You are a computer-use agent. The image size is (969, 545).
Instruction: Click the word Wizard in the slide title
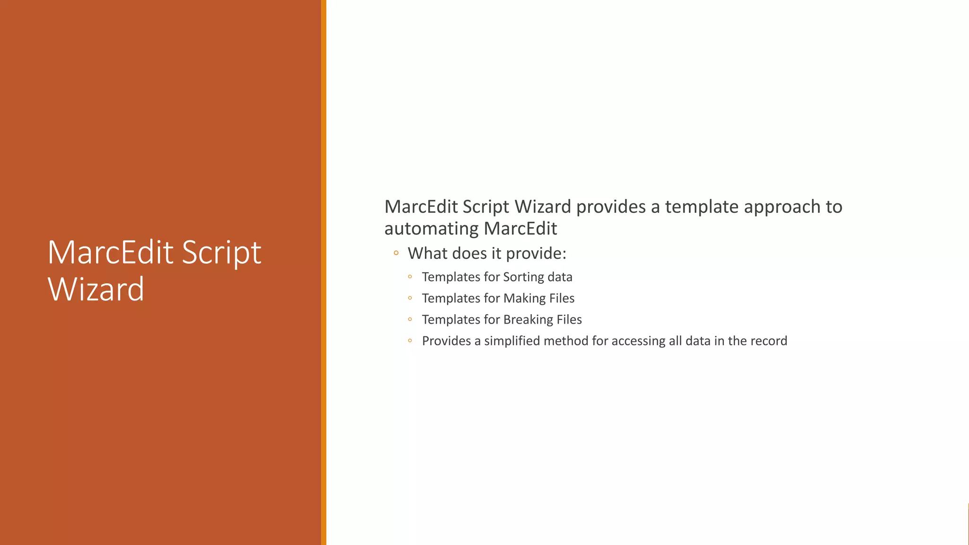(x=96, y=289)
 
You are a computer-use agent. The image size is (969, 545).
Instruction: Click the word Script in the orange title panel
(x=221, y=253)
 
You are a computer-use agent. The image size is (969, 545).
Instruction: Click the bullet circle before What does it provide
(x=396, y=253)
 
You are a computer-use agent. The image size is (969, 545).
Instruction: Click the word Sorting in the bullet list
(x=523, y=277)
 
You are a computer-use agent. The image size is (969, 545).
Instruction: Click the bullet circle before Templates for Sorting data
(x=410, y=276)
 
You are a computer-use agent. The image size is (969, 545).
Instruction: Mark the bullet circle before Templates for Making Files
(x=410, y=298)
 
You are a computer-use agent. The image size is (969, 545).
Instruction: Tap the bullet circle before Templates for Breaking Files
(x=410, y=319)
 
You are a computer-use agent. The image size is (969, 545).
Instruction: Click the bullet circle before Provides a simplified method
(x=410, y=340)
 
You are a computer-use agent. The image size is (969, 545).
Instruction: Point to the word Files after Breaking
(x=569, y=320)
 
